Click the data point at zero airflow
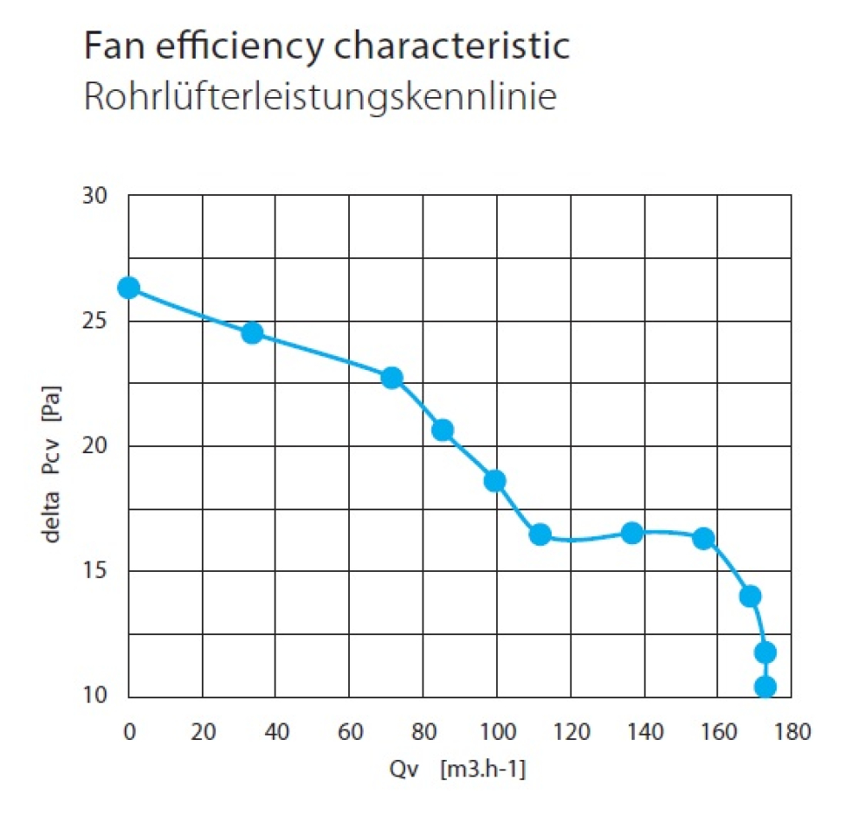tap(129, 288)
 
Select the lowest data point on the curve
tap(766, 687)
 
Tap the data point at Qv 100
tap(494, 481)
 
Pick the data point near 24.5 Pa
tap(252, 333)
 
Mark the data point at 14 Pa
tap(751, 596)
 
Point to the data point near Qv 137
tap(632, 533)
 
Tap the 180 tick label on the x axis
tap(792, 732)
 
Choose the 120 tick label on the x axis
tap(571, 732)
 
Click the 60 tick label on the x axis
tap(349, 732)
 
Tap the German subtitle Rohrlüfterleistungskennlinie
tap(319, 97)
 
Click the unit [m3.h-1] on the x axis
tap(482, 769)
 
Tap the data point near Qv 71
tap(391, 378)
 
